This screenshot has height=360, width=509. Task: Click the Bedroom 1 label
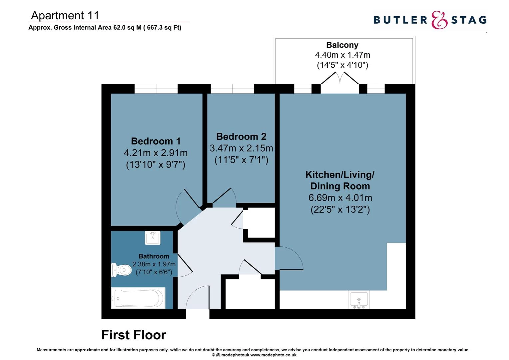[x=156, y=141]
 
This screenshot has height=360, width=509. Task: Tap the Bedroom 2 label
[x=241, y=137]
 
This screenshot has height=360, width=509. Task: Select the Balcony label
[x=342, y=45]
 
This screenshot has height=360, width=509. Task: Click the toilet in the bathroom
[x=121, y=270]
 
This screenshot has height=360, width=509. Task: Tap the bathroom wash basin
[x=153, y=238]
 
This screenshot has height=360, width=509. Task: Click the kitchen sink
[x=358, y=300]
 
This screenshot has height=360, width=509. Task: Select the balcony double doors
[x=340, y=83]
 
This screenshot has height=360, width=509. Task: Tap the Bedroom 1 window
[x=156, y=89]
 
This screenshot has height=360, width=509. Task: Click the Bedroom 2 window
[x=232, y=89]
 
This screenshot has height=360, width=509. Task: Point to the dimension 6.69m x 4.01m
[x=340, y=198]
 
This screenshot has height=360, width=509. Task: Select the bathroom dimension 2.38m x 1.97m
[x=154, y=264]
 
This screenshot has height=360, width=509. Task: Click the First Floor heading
[x=134, y=335]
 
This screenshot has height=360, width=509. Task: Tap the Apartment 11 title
[x=65, y=15]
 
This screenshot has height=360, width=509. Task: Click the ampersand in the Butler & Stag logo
[x=439, y=20]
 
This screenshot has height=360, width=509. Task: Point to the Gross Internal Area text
[x=105, y=28]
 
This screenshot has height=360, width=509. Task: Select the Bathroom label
[x=154, y=256]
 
